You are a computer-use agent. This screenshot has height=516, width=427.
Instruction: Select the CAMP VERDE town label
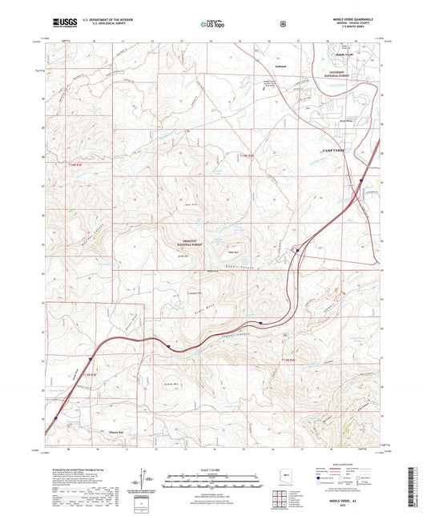(326, 151)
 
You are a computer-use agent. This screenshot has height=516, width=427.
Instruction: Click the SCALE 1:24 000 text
(212, 469)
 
